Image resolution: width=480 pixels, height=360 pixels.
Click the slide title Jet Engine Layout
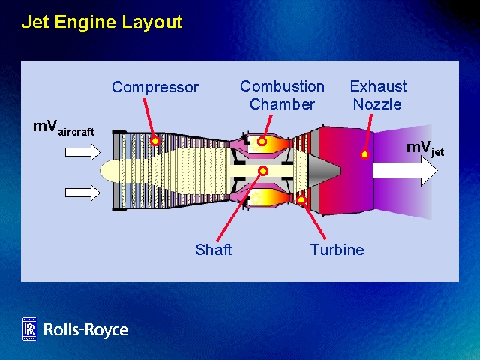102,22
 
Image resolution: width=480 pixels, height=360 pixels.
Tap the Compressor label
155,87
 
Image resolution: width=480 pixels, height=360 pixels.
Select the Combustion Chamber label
282,95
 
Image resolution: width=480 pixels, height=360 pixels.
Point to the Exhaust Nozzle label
378,95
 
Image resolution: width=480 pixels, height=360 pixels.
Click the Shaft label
214,250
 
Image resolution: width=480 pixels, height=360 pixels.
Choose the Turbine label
337,250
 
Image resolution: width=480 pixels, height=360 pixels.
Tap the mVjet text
424,148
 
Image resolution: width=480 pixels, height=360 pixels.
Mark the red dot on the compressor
155,141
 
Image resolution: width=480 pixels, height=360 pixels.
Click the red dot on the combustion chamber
262,141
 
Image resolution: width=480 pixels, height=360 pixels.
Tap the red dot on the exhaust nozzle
365,154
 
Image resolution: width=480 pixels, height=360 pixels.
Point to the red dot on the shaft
262,171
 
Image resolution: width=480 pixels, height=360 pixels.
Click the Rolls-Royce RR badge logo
29,328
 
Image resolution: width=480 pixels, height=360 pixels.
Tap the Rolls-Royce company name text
85,329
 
